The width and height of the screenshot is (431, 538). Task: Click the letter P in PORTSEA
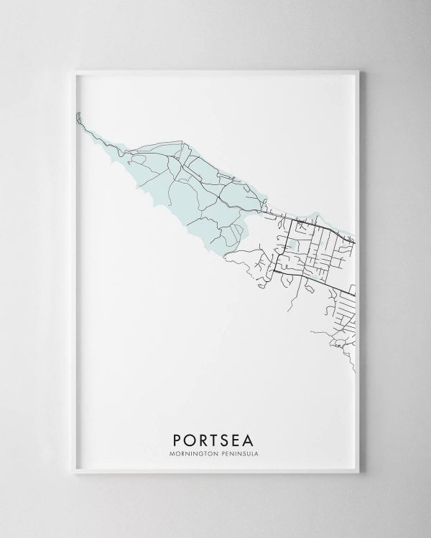[177, 436]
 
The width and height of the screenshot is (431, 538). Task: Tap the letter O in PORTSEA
[190, 436]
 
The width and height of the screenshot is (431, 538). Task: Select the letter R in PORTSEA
[205, 436]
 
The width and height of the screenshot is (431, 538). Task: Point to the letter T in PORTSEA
[218, 436]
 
